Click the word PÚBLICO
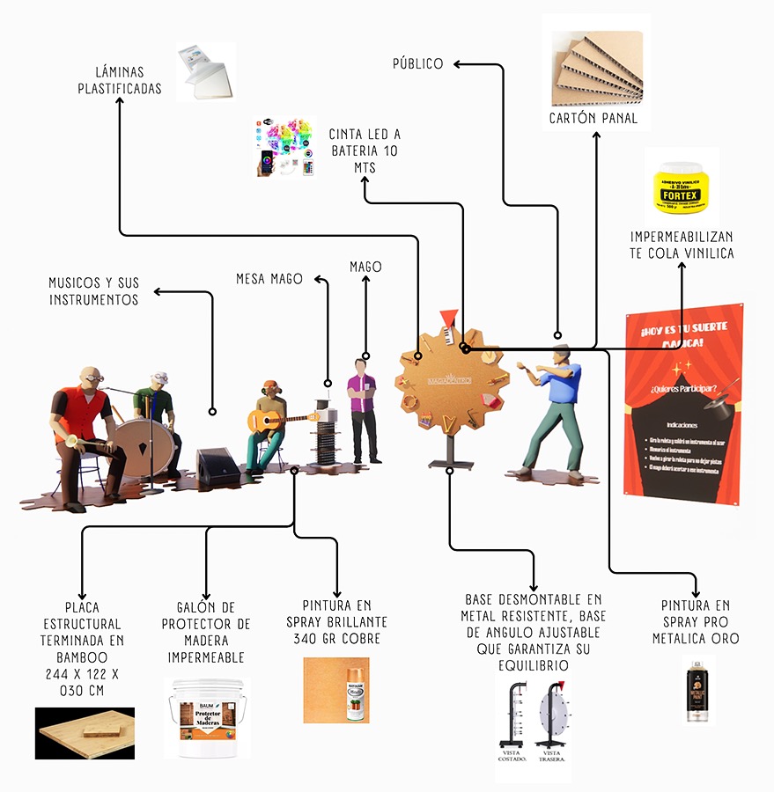click(418, 63)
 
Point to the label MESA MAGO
click(269, 279)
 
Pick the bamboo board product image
click(85, 732)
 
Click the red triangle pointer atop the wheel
click(450, 316)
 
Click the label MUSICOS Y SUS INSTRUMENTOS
click(93, 291)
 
